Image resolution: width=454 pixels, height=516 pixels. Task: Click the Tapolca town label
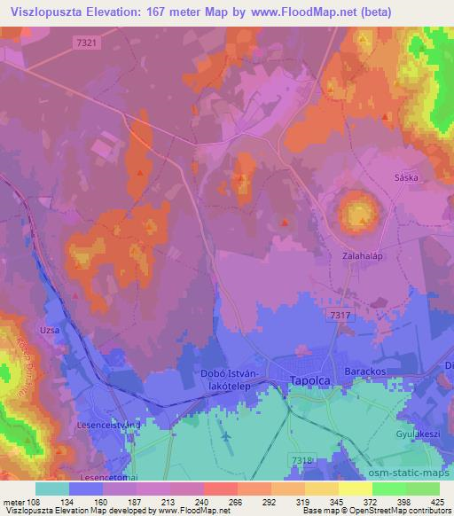coord(301,380)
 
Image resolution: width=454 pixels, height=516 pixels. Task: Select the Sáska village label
coord(405,177)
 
